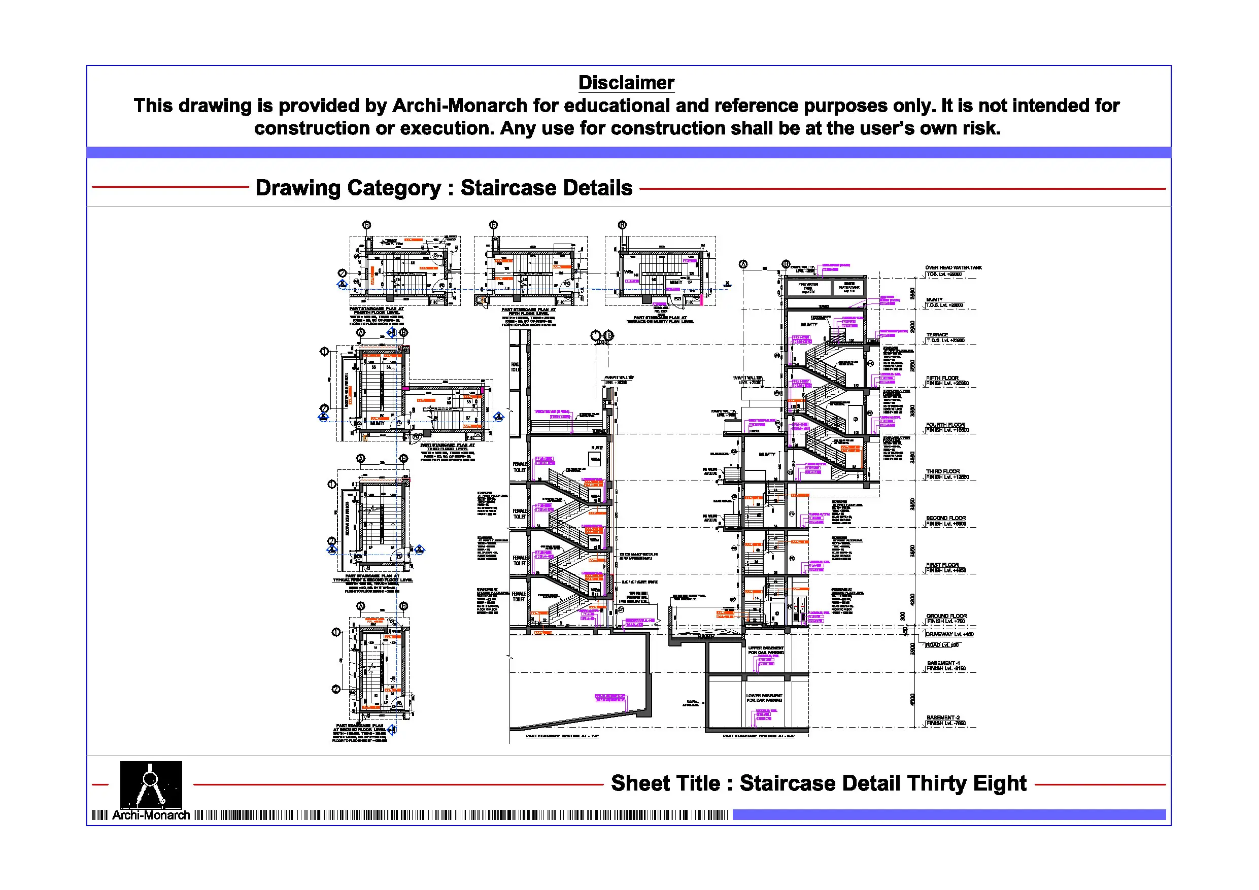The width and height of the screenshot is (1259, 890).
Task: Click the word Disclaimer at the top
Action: (x=626, y=83)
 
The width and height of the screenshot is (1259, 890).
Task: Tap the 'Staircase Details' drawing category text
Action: (x=546, y=188)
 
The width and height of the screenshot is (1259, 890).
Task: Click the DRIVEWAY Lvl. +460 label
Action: (x=949, y=634)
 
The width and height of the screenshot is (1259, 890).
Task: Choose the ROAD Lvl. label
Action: (x=942, y=645)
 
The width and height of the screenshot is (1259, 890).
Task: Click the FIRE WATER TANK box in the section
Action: (x=808, y=287)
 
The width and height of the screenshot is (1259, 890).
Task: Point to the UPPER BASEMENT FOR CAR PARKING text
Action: (x=765, y=651)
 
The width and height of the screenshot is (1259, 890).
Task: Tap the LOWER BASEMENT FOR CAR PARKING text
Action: (x=763, y=698)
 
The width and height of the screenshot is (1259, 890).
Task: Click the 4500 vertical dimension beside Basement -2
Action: (x=912, y=700)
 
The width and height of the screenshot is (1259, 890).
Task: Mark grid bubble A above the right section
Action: (x=743, y=264)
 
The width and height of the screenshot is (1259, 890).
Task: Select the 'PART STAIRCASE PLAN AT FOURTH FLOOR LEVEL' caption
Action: (x=377, y=311)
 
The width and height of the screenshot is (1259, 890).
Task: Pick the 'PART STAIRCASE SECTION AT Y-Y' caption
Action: (x=562, y=736)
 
